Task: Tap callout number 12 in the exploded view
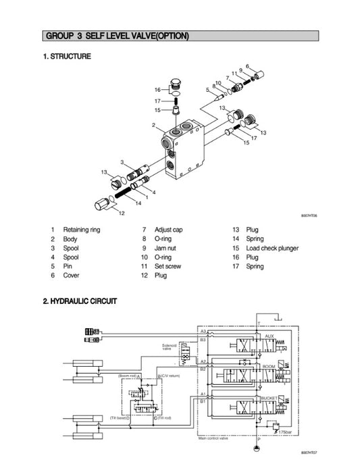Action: [122, 213]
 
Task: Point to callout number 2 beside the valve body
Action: [153, 125]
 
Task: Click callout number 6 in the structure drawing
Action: [247, 66]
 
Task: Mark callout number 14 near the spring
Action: [138, 203]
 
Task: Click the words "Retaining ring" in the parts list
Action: [81, 230]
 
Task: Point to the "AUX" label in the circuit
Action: [269, 336]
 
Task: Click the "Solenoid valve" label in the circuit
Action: [169, 346]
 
